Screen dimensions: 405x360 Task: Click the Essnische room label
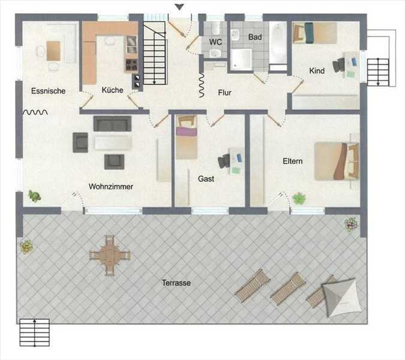(x=49, y=91)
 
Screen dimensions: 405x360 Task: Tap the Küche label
(x=112, y=90)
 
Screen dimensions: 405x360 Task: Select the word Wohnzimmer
(x=111, y=187)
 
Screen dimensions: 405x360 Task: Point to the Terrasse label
(x=176, y=283)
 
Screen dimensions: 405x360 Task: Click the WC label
(x=215, y=42)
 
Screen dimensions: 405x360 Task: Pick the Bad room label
(x=255, y=37)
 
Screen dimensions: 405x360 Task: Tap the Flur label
(x=224, y=93)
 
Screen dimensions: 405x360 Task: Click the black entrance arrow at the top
(x=179, y=7)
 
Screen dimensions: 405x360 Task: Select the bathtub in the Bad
(x=278, y=43)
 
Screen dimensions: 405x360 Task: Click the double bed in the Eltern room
(x=337, y=161)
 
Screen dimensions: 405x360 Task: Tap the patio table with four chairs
(x=110, y=256)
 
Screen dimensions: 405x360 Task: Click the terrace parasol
(x=339, y=297)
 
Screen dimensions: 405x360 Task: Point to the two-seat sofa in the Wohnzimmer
(x=112, y=124)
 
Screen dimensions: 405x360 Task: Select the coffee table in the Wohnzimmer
(x=113, y=143)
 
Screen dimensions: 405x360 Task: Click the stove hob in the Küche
(x=131, y=65)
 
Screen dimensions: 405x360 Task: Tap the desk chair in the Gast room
(x=224, y=161)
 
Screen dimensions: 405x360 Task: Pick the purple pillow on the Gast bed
(x=186, y=131)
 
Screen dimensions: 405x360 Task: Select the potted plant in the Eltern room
(x=299, y=199)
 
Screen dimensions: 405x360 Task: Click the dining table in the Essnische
(x=53, y=51)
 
